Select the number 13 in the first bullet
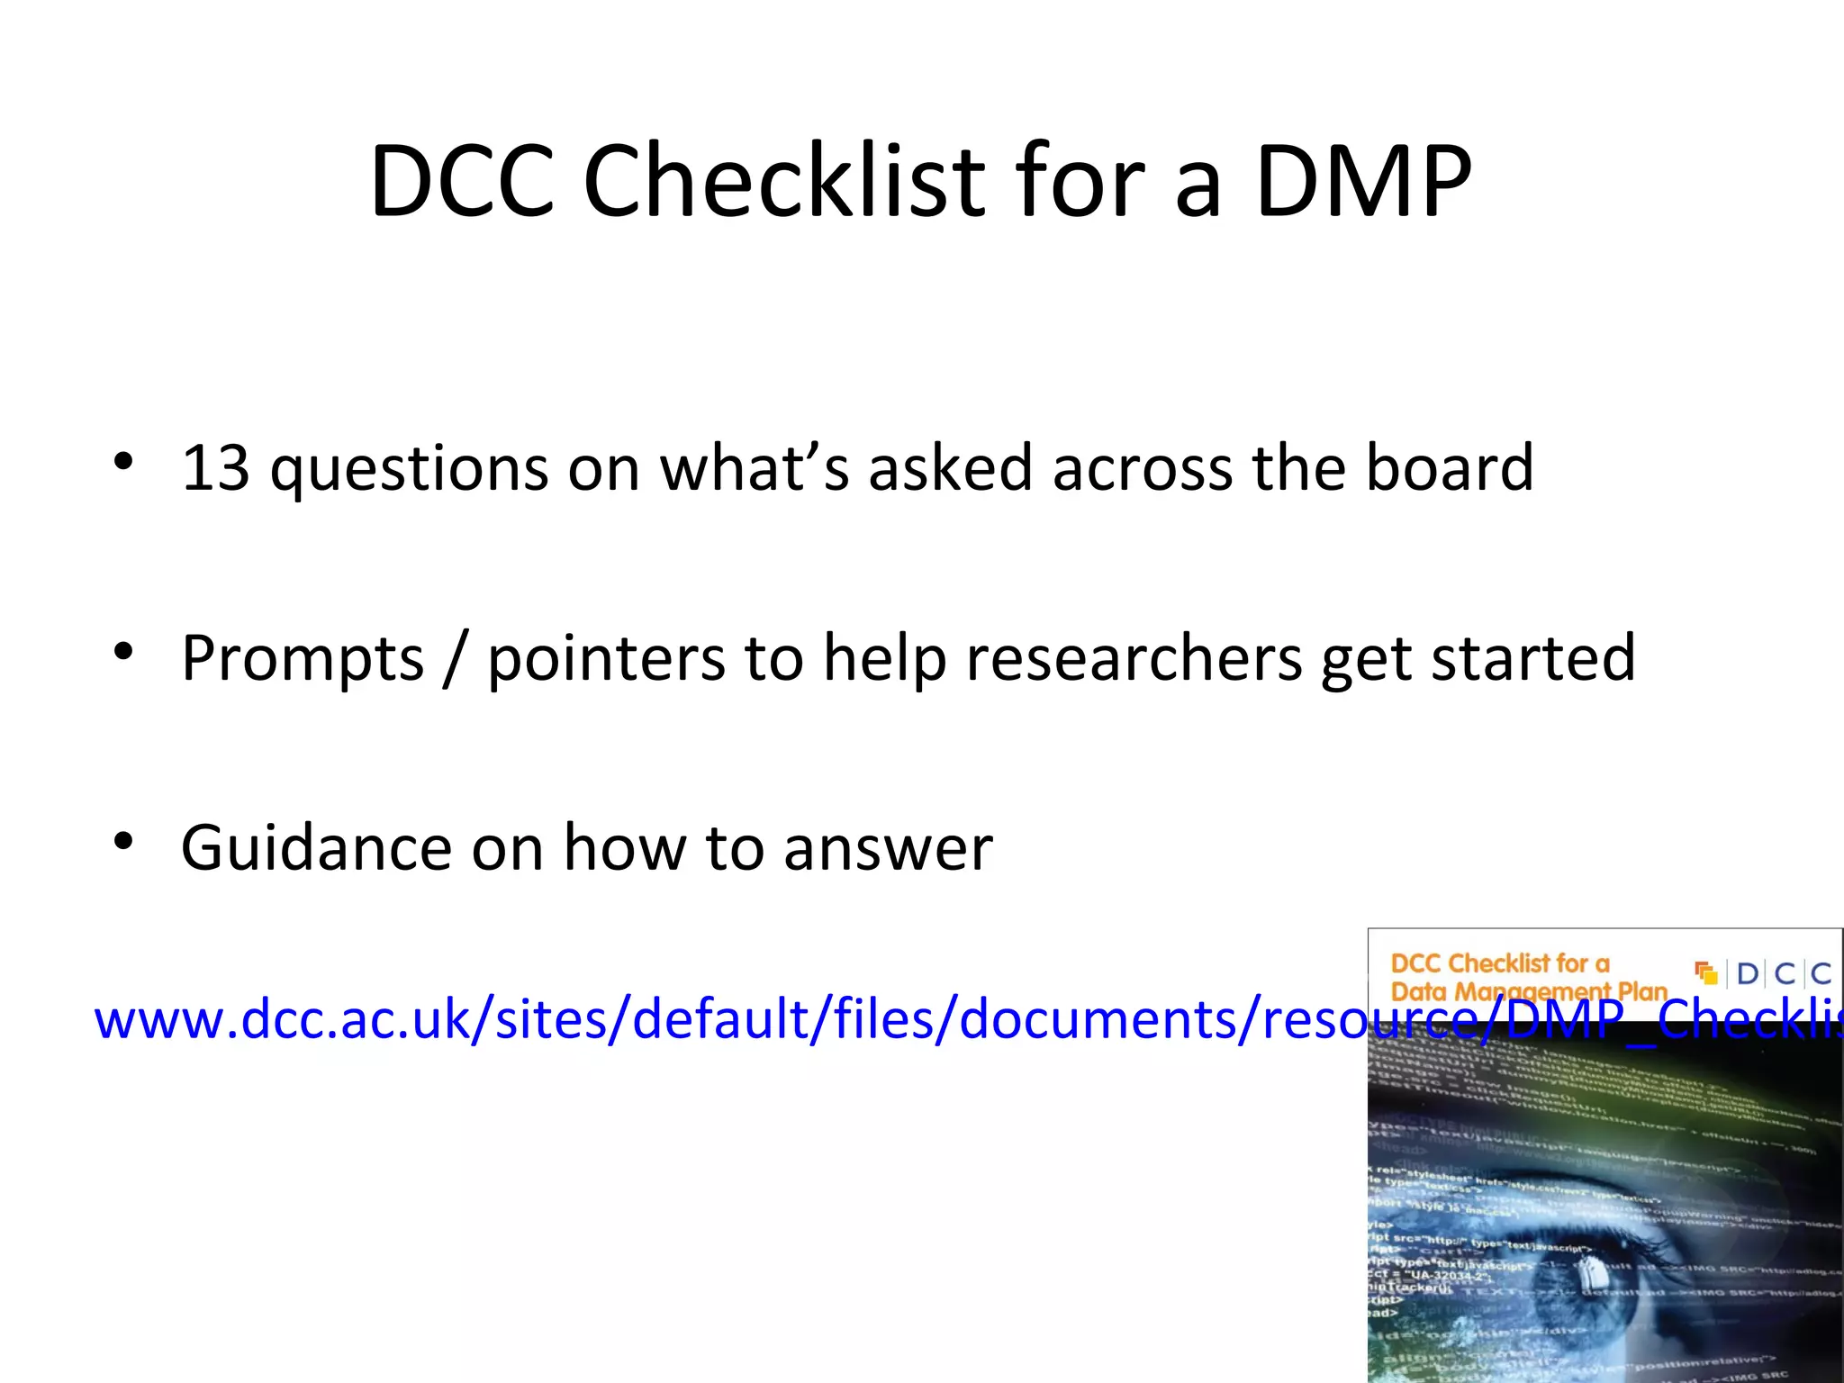216,468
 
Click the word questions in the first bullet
410,470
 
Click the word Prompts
303,659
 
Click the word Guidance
317,848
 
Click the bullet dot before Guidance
123,843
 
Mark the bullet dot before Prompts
123,652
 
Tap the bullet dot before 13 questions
123,462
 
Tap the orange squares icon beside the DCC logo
1705,973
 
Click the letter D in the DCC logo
1748,973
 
